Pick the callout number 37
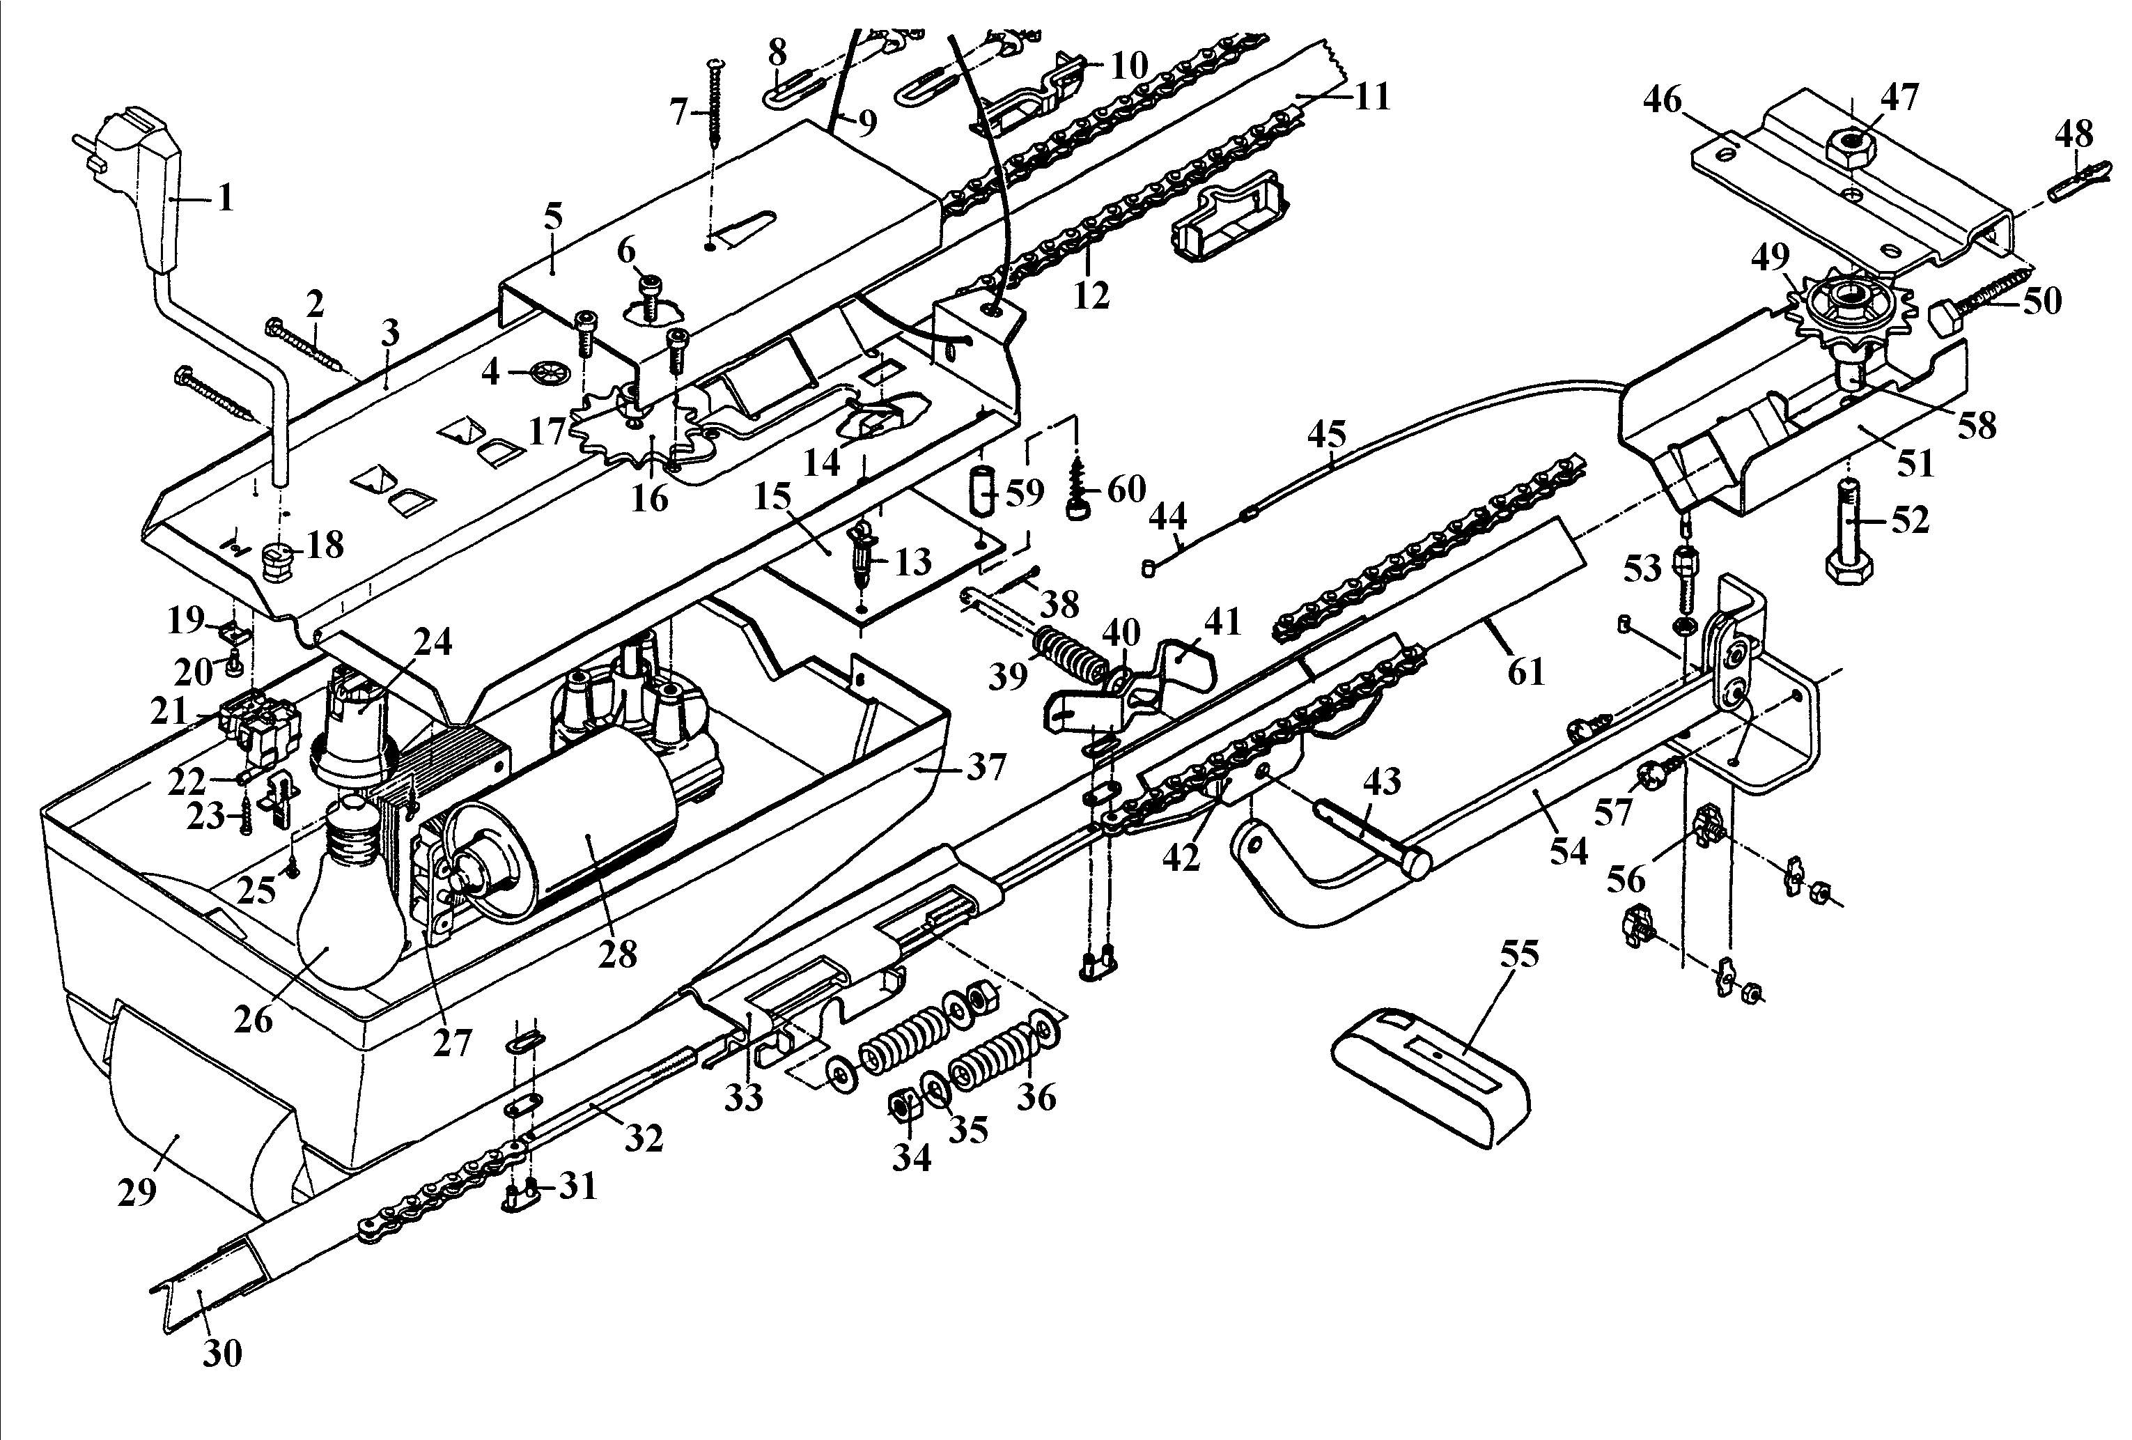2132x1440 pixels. [x=986, y=766]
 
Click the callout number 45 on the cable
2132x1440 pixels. [x=1328, y=434]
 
